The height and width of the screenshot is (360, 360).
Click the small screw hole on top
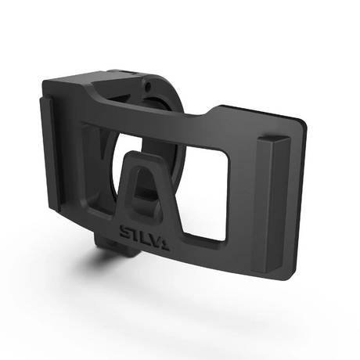[146, 81]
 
